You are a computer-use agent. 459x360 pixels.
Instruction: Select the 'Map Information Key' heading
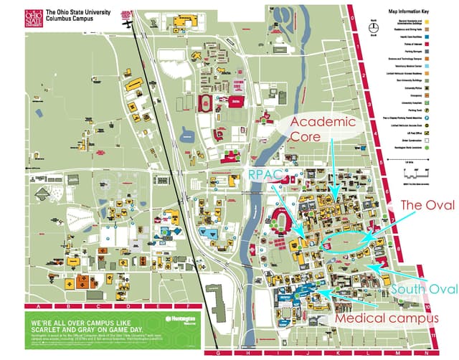tap(412, 12)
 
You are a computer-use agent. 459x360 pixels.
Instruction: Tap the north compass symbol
tap(372, 28)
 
